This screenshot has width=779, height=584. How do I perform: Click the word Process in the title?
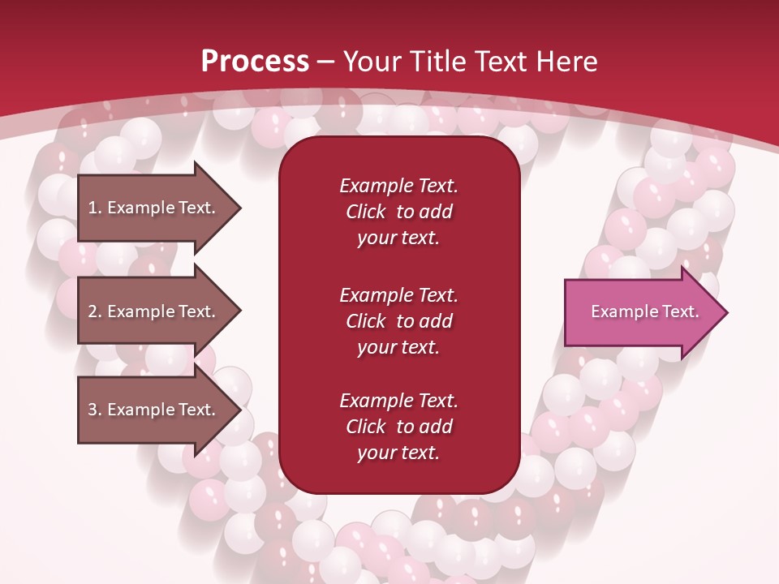pyautogui.click(x=256, y=62)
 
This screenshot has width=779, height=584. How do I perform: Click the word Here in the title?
pyautogui.click(x=566, y=62)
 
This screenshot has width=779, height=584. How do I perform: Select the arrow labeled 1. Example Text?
pyautogui.click(x=160, y=208)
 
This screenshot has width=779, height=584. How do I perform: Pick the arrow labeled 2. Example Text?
pyautogui.click(x=160, y=311)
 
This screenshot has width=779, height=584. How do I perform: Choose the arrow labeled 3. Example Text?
pyautogui.click(x=160, y=409)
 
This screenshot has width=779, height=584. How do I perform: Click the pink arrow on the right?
pyautogui.click(x=646, y=312)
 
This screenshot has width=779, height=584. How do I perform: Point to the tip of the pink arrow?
pyautogui.click(x=728, y=312)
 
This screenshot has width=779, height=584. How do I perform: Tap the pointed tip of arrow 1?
pyautogui.click(x=242, y=208)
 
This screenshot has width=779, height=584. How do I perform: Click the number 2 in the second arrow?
pyautogui.click(x=93, y=311)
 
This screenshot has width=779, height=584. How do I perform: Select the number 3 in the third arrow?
pyautogui.click(x=93, y=410)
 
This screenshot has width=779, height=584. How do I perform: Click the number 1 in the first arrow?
pyautogui.click(x=93, y=208)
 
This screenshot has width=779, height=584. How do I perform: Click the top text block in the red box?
pyautogui.click(x=399, y=212)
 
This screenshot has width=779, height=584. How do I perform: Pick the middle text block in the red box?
pyautogui.click(x=399, y=321)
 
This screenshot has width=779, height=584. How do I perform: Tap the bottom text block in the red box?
pyautogui.click(x=399, y=427)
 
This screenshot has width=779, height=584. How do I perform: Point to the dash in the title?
pyautogui.click(x=326, y=63)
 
